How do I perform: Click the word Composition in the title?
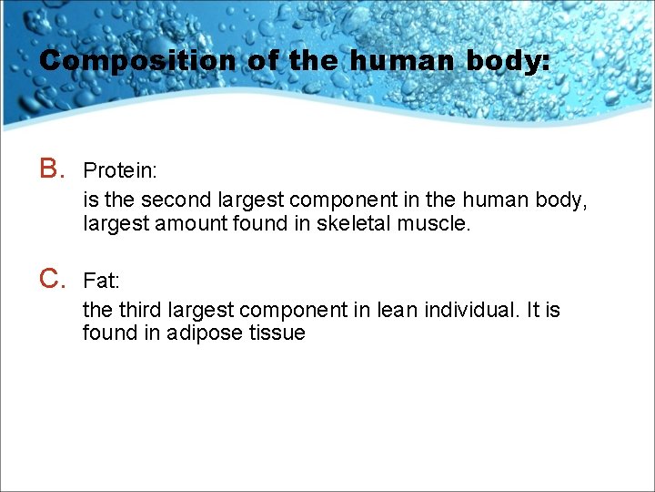click(136, 61)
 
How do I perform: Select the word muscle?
click(435, 223)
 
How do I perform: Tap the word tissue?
click(277, 333)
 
